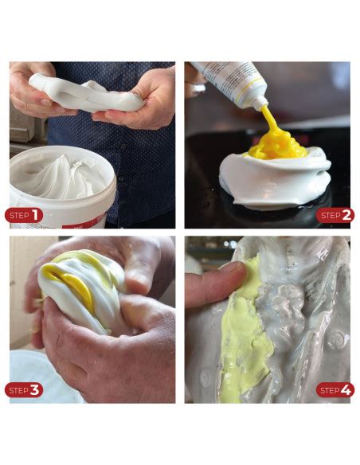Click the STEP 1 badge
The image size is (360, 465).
click(x=25, y=216)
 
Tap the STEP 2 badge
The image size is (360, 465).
click(x=335, y=216)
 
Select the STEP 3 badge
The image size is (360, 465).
click(x=25, y=389)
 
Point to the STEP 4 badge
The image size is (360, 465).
click(x=335, y=389)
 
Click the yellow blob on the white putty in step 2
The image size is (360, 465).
click(x=275, y=147)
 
